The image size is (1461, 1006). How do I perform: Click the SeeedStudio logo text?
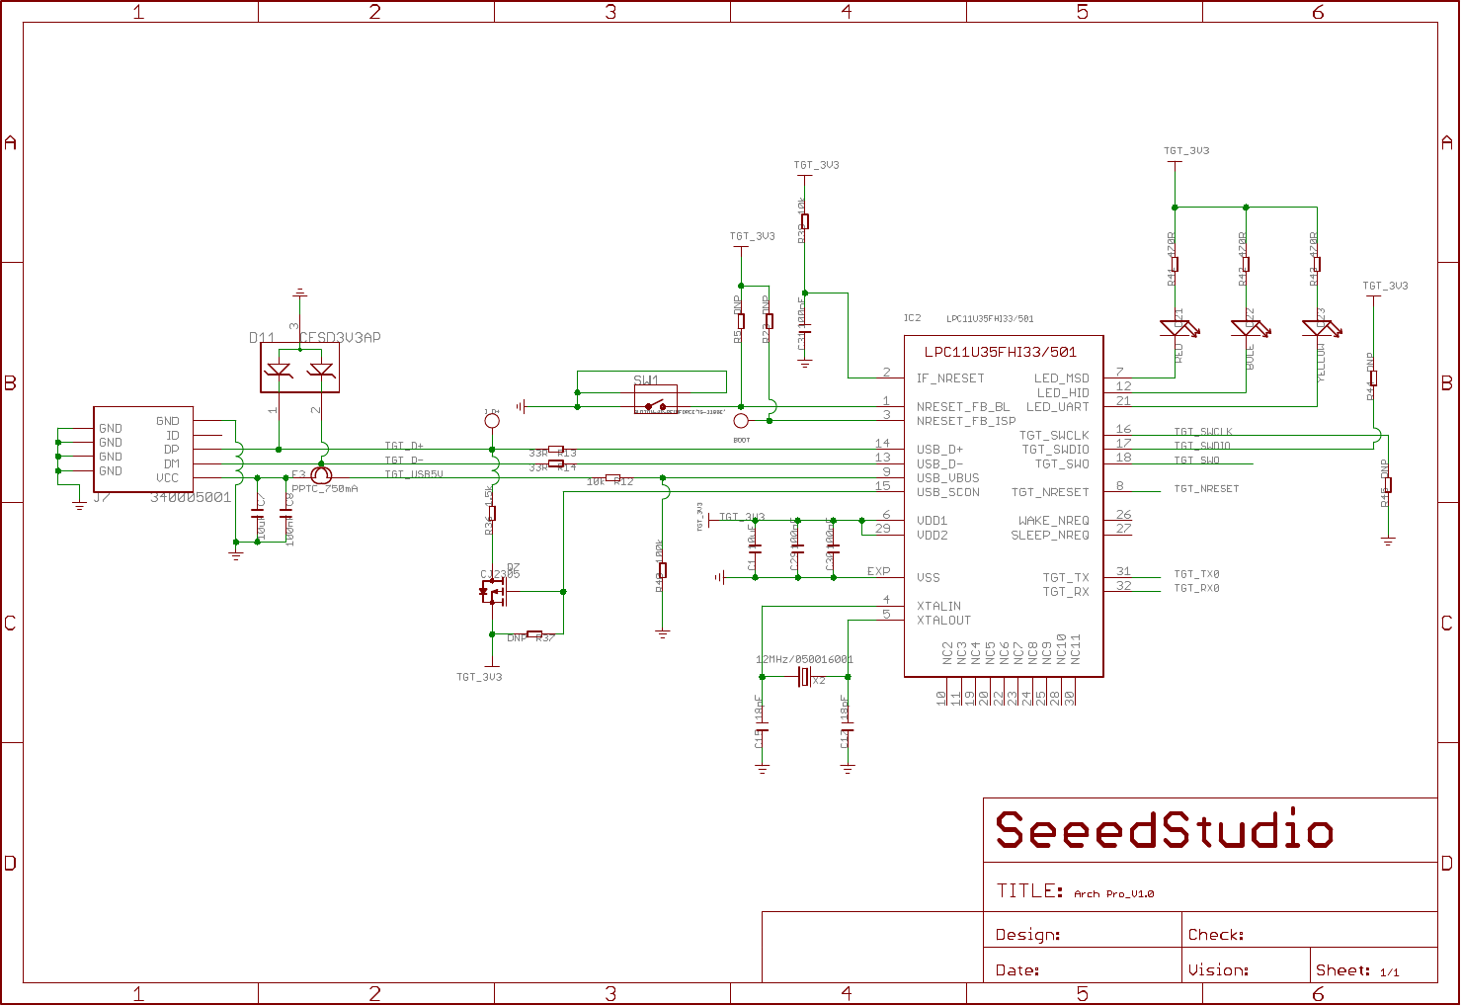[1164, 831]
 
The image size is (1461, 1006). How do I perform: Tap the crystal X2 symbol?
[804, 677]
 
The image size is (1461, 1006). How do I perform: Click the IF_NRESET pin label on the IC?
[950, 378]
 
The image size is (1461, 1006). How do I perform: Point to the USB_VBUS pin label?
[947, 478]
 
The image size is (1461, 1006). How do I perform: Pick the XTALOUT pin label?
[943, 621]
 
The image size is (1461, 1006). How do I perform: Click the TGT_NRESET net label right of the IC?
[1206, 489]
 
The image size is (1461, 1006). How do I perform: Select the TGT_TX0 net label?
[1196, 574]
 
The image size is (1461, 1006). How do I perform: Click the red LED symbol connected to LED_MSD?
[1176, 328]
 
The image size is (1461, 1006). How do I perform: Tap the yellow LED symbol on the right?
[1318, 328]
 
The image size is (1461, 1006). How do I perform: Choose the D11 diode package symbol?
[299, 370]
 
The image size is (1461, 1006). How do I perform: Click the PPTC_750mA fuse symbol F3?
[321, 475]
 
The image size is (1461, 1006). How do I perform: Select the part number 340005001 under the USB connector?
[191, 498]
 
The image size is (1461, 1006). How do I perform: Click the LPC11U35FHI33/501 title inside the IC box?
[1001, 352]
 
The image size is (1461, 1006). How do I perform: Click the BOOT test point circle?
[741, 421]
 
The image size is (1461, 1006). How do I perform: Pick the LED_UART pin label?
[1057, 407]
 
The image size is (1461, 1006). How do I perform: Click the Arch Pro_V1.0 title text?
[1113, 894]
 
